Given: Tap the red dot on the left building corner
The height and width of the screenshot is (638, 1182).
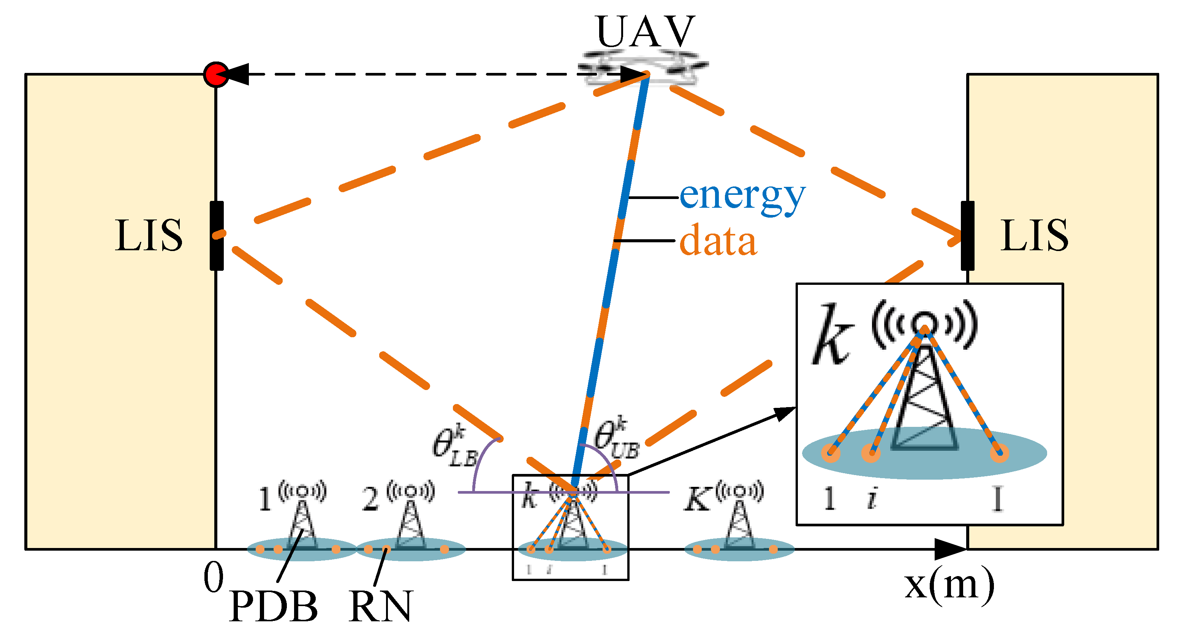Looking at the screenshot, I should tap(216, 74).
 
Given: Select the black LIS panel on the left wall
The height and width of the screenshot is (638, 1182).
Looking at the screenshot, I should tap(217, 235).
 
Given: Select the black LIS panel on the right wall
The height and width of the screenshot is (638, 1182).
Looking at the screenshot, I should tap(967, 235).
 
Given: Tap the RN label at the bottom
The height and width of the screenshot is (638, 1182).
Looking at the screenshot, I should tap(380, 606).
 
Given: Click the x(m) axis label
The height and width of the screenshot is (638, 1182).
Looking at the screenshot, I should tap(949, 586).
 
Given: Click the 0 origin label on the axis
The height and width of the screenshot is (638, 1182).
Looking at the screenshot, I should tap(214, 578).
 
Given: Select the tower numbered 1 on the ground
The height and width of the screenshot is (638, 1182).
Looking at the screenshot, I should tap(301, 523).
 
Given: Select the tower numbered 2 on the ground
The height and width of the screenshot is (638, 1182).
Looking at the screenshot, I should tap(410, 523).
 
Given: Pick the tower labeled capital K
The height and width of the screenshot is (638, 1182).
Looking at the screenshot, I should tap(739, 523).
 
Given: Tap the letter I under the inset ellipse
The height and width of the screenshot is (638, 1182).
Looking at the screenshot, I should tap(997, 499).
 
